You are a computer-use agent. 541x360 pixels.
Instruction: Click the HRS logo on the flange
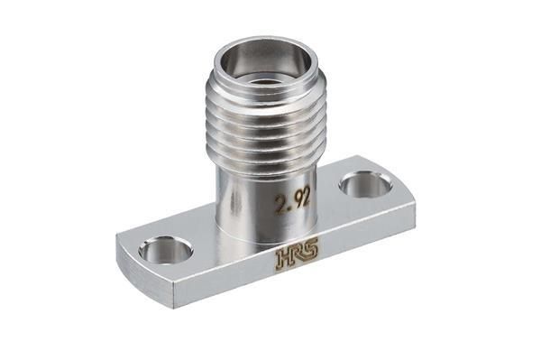(x=298, y=255)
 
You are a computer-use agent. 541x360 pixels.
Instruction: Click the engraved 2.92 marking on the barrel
(x=292, y=201)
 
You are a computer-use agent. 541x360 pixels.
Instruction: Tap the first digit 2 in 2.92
(x=280, y=205)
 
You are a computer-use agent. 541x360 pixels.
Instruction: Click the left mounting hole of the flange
(x=165, y=250)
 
